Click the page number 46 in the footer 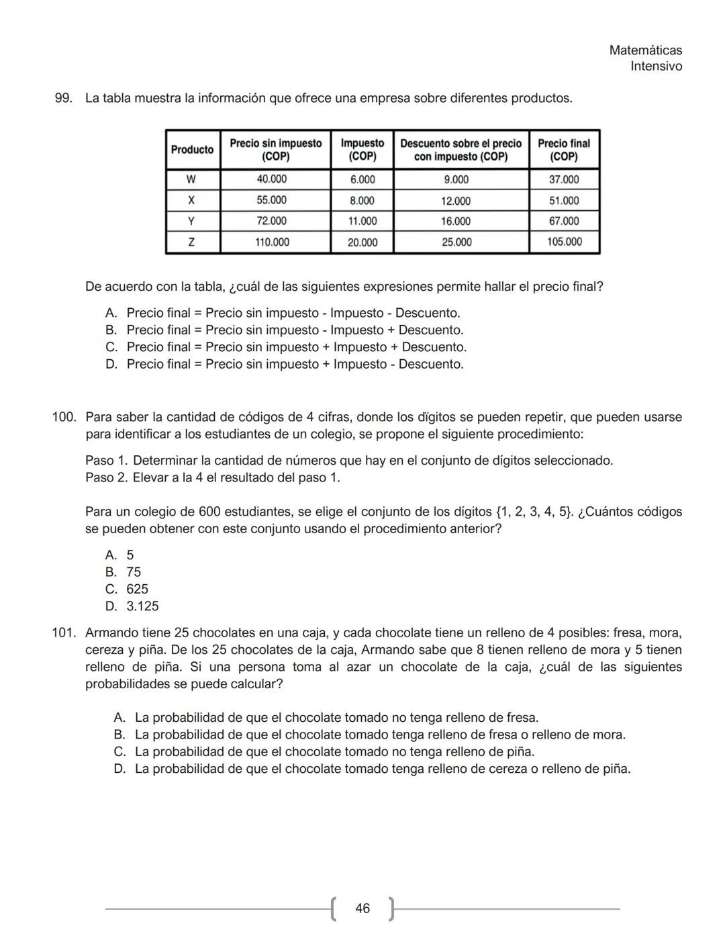pyautogui.click(x=362, y=908)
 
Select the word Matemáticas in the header pyautogui.click(x=645, y=50)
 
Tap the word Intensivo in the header pyautogui.click(x=656, y=66)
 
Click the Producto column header pyautogui.click(x=192, y=150)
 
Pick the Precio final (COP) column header pyautogui.click(x=564, y=150)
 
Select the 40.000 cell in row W pyautogui.click(x=271, y=179)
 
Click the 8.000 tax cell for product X pyautogui.click(x=362, y=201)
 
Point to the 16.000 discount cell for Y pyautogui.click(x=456, y=222)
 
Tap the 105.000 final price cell pyautogui.click(x=564, y=242)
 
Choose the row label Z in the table pyautogui.click(x=192, y=242)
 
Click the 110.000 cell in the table pyautogui.click(x=271, y=242)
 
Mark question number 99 pyautogui.click(x=63, y=99)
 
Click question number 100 pyautogui.click(x=64, y=418)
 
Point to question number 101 pyautogui.click(x=64, y=633)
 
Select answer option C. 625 pyautogui.click(x=128, y=590)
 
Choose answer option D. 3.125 pyautogui.click(x=132, y=606)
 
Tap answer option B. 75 pyautogui.click(x=124, y=572)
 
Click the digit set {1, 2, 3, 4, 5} pyautogui.click(x=534, y=512)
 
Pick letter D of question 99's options pyautogui.click(x=111, y=365)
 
